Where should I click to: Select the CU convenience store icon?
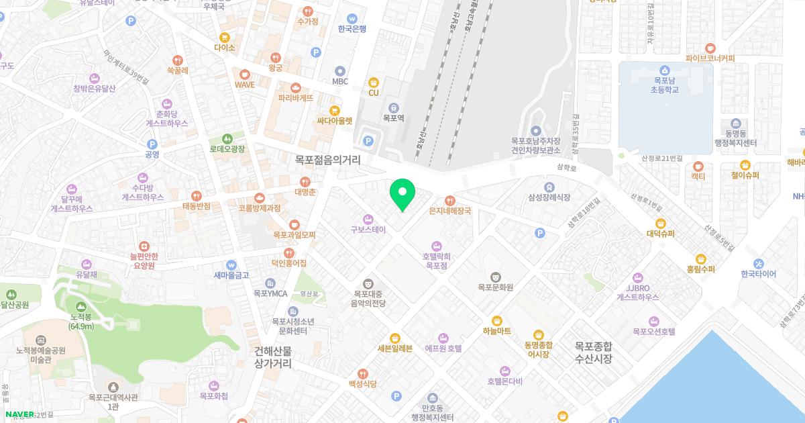tap(374, 83)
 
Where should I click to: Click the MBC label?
tap(340, 82)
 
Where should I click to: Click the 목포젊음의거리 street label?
tap(327, 160)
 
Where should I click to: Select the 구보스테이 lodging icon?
tap(368, 219)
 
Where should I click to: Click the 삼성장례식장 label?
tap(549, 197)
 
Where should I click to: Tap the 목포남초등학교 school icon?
tap(664, 70)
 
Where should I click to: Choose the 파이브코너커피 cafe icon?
tap(710, 48)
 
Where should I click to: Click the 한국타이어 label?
tap(758, 274)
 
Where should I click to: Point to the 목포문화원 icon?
tap(495, 276)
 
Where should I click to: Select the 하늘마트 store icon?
tap(496, 320)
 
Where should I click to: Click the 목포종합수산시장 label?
tap(593, 352)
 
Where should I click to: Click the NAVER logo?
tap(19, 414)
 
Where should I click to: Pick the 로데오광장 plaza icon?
tap(227, 138)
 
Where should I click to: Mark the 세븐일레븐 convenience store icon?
tap(395, 337)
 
